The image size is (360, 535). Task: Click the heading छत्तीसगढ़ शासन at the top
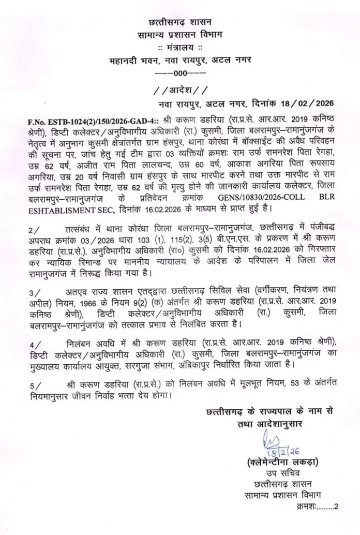pos(180,23)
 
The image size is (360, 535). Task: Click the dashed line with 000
pos(179,73)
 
